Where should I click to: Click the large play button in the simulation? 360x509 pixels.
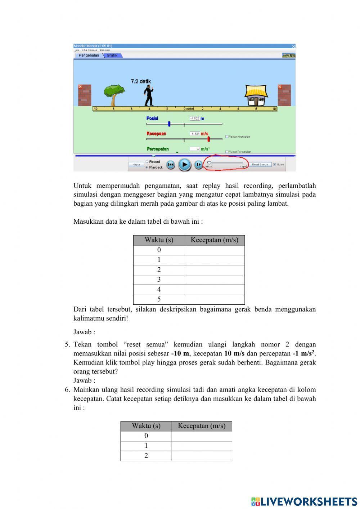click(x=184, y=165)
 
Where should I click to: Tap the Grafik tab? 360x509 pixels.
click(x=112, y=55)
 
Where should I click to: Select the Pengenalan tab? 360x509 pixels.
click(x=89, y=55)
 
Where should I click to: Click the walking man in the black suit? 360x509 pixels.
click(x=149, y=96)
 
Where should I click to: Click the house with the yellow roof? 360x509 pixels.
click(x=256, y=96)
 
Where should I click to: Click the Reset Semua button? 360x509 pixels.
click(x=260, y=165)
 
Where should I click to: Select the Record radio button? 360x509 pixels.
click(x=147, y=162)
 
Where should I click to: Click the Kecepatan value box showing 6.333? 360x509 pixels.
click(x=195, y=134)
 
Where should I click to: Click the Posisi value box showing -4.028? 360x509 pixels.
click(x=195, y=119)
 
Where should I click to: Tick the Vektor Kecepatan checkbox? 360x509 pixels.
click(x=227, y=137)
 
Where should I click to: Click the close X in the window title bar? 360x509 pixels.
click(x=293, y=46)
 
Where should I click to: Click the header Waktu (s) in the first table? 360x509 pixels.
click(x=159, y=240)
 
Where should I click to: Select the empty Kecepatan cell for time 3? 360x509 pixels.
click(x=215, y=280)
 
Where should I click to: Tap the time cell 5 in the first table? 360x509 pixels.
click(x=159, y=299)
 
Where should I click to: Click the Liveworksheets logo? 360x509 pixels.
click(x=304, y=501)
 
